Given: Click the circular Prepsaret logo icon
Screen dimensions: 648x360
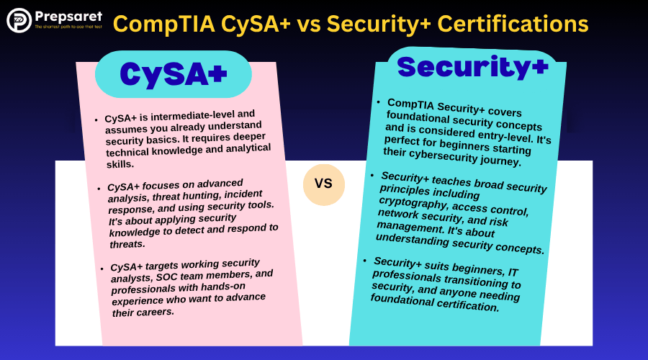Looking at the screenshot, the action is pyautogui.click(x=19, y=20).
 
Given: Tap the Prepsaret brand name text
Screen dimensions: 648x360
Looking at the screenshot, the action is pyautogui.click(x=68, y=17).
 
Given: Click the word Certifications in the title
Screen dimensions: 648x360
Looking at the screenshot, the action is pyautogui.click(x=513, y=24).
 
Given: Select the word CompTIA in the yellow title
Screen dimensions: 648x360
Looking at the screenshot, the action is pyautogui.click(x=163, y=24).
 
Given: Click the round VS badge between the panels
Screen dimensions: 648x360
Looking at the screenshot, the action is pyautogui.click(x=323, y=184).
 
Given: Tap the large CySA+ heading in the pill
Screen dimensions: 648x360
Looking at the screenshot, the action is pyautogui.click(x=174, y=74).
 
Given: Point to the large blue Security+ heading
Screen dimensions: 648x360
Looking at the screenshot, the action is pyautogui.click(x=473, y=68).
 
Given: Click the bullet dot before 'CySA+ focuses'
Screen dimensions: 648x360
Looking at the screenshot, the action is pyautogui.click(x=99, y=189).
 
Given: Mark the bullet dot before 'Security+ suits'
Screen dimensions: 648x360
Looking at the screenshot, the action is pyautogui.click(x=365, y=261).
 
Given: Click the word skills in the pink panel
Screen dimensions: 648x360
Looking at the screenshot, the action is pyautogui.click(x=120, y=164).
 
